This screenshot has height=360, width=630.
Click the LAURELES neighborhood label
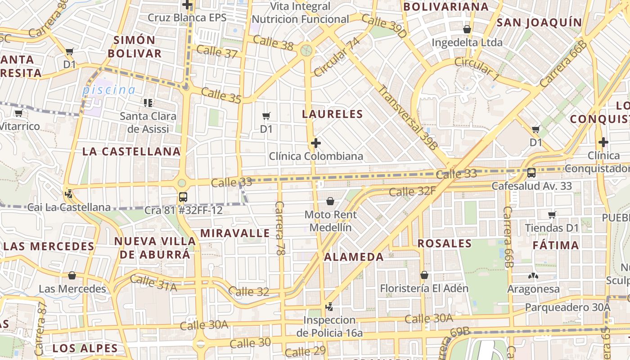332,114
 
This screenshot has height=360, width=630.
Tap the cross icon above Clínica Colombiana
316,143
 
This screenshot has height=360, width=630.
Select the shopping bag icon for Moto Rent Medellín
330,201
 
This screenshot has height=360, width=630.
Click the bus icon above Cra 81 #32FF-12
183,197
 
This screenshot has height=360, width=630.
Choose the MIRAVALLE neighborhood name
235,233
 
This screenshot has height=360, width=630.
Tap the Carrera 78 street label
280,229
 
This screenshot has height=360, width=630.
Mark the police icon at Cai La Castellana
69,194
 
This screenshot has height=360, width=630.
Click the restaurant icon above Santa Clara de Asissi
148,103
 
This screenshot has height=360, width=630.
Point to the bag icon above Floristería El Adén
424,274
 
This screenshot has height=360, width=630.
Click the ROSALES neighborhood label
445,243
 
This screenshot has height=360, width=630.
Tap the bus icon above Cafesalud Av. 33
531,172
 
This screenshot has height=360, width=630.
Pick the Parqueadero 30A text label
567,307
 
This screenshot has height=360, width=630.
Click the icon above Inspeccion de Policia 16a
330,307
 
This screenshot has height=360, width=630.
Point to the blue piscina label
108,90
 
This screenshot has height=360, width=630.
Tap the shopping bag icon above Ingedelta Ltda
467,29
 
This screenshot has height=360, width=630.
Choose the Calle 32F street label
412,192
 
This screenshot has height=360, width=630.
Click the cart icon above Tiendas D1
552,215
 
